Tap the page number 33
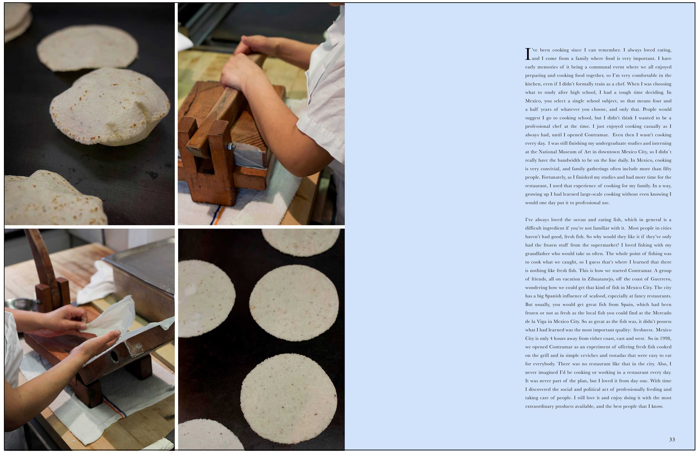(x=672, y=440)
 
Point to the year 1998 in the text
(x=665, y=338)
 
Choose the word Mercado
(x=661, y=313)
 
